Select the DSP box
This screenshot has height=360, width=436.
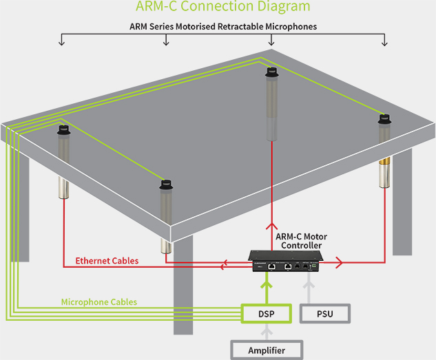[x=262, y=313]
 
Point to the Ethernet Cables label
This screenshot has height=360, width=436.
[x=107, y=261]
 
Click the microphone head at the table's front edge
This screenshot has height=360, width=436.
[x=165, y=184]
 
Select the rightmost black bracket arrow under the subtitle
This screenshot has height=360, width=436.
[x=385, y=43]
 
